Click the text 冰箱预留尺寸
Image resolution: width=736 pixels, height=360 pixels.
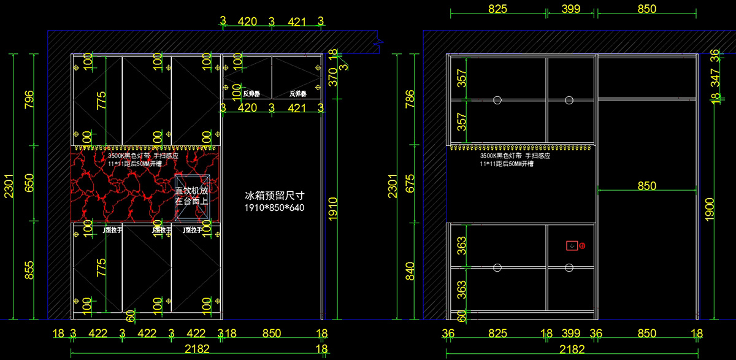275,196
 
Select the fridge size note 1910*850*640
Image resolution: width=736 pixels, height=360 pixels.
275,209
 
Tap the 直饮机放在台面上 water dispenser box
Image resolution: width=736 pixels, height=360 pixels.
192,197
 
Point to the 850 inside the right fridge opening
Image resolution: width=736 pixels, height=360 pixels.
646,186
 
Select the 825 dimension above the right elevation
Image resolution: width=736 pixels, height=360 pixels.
497,9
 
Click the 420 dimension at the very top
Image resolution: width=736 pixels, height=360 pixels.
247,22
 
